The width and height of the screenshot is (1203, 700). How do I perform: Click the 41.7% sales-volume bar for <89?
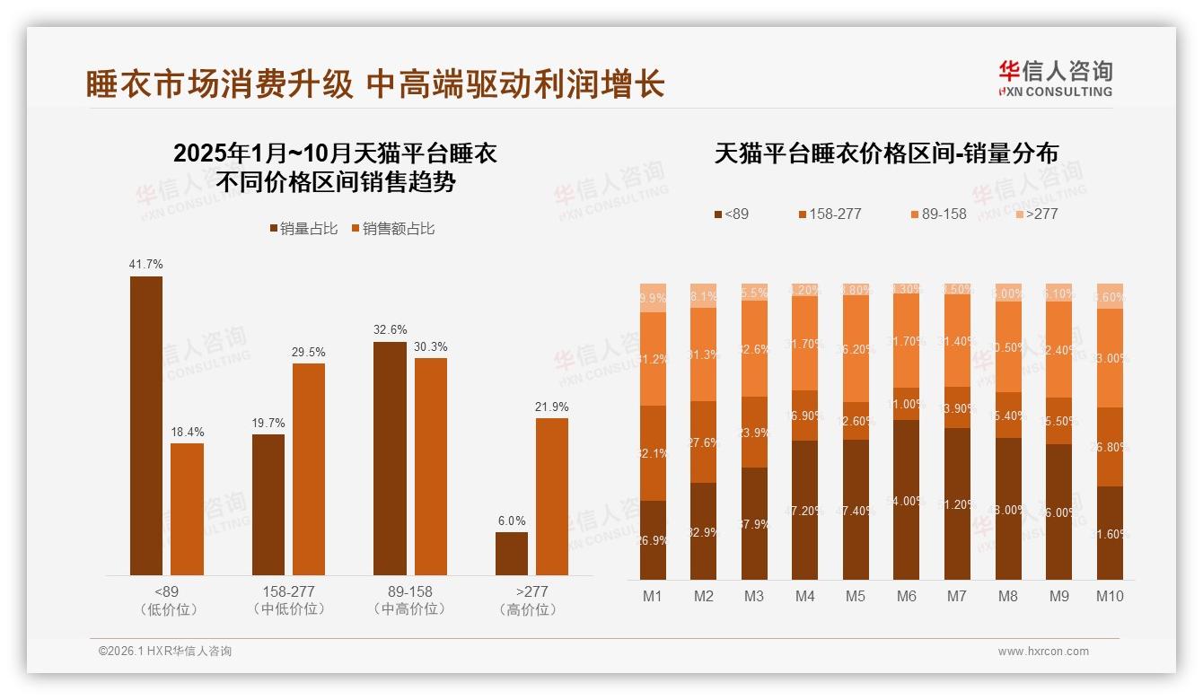tap(146, 425)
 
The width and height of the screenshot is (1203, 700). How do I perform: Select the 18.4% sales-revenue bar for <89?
tap(187, 509)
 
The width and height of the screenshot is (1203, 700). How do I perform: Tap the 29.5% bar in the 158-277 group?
tap(309, 468)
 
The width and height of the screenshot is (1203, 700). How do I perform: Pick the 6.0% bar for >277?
tap(512, 553)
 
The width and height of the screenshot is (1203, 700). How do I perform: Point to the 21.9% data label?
tap(552, 407)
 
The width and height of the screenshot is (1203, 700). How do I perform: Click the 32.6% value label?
tap(390, 329)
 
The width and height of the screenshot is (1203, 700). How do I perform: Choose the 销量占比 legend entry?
tap(303, 229)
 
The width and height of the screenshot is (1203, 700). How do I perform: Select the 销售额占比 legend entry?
tap(393, 229)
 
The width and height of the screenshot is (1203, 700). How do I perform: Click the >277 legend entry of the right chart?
tap(1036, 214)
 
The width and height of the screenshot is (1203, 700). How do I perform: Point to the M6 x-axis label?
tap(907, 596)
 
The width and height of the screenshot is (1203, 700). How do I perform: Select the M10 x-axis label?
tap(1110, 596)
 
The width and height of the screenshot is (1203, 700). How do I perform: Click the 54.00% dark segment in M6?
tap(907, 500)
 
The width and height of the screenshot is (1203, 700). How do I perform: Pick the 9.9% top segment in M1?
tap(654, 298)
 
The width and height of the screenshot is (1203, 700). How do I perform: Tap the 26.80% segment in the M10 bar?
tap(1110, 447)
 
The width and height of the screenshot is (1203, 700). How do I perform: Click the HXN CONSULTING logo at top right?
tap(1055, 79)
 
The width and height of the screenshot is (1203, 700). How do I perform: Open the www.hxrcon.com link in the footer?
tap(1043, 652)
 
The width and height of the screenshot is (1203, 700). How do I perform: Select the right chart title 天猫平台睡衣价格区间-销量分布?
tap(886, 153)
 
